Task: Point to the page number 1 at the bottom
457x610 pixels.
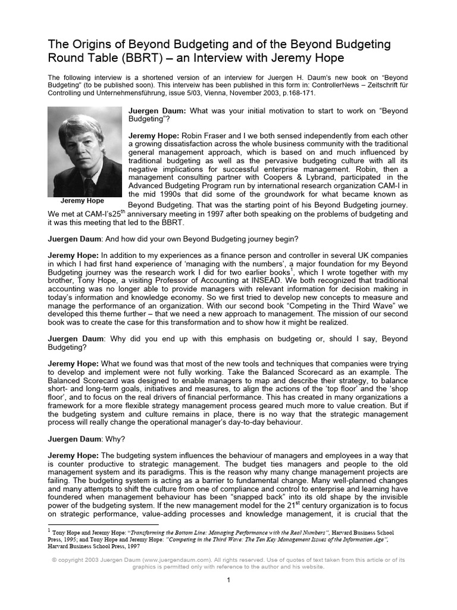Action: (x=228, y=580)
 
